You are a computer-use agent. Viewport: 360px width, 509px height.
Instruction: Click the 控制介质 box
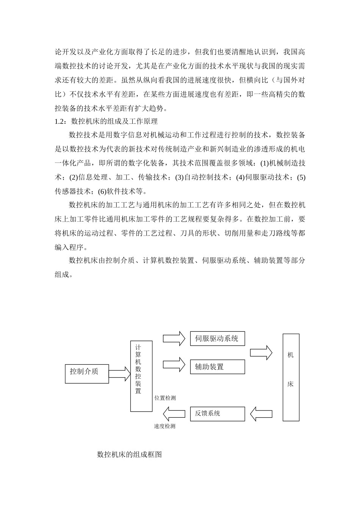[x=87, y=374]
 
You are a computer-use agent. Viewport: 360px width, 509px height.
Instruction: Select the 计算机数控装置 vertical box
[x=141, y=376]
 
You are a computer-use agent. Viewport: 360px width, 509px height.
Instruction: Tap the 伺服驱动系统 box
[x=217, y=339]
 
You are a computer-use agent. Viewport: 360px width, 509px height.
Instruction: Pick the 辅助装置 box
[x=217, y=367]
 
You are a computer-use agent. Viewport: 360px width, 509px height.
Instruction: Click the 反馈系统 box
[x=217, y=414]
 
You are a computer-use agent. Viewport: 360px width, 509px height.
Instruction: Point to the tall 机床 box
[x=291, y=377]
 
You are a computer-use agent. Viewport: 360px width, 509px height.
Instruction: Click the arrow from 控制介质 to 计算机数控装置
[x=119, y=373]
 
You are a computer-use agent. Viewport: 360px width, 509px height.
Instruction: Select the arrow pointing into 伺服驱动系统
[x=174, y=338]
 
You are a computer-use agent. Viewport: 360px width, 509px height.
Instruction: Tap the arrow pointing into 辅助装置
[x=174, y=365]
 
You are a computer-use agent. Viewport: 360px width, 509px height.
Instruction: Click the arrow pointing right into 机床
[x=261, y=353]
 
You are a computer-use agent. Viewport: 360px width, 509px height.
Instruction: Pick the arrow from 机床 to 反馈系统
[x=261, y=414]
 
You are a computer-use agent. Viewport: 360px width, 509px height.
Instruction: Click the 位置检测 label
[x=165, y=398]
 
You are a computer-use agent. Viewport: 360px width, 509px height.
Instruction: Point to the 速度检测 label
[x=164, y=426]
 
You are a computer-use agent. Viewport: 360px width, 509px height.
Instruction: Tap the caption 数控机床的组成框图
[x=130, y=454]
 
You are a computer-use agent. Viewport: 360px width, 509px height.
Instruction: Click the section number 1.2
[x=60, y=122]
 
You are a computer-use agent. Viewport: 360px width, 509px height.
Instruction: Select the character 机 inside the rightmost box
[x=291, y=355]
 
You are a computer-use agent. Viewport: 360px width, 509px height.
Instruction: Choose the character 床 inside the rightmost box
[x=291, y=384]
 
